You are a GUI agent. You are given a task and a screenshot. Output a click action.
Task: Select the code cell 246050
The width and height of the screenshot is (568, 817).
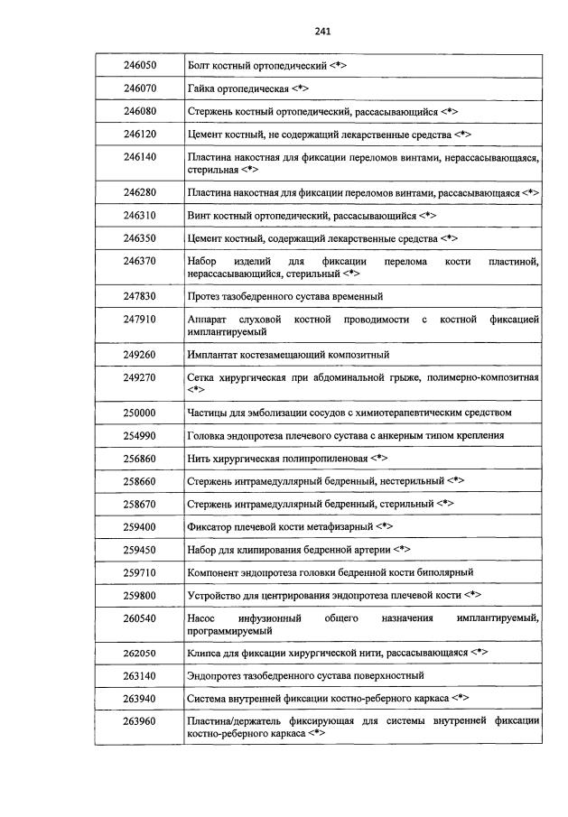pyautogui.click(x=140, y=67)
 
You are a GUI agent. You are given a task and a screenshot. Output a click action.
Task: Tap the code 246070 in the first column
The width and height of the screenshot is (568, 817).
pyautogui.click(x=140, y=90)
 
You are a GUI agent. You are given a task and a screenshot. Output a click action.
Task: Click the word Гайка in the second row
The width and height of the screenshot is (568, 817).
pyautogui.click(x=201, y=90)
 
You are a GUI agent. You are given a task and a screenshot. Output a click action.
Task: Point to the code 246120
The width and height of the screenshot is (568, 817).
pyautogui.click(x=140, y=134)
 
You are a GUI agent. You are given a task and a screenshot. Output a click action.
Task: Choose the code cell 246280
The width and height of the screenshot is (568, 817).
pyautogui.click(x=140, y=192)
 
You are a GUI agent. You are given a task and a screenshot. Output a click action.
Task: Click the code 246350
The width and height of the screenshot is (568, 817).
pyautogui.click(x=140, y=238)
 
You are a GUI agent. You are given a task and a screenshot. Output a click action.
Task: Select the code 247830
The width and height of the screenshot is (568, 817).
pyautogui.click(x=140, y=295)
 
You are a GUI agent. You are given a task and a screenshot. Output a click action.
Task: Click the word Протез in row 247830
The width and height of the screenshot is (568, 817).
pyautogui.click(x=205, y=296)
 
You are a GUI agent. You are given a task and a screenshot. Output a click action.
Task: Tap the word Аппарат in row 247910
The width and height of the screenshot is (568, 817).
pyautogui.click(x=209, y=320)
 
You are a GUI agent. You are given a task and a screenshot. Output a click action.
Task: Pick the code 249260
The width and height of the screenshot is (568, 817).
pyautogui.click(x=140, y=353)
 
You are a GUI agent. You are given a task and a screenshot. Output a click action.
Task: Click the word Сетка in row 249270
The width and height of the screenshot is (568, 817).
pyautogui.click(x=202, y=376)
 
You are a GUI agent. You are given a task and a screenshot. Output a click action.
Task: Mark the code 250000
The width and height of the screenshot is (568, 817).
pyautogui.click(x=140, y=412)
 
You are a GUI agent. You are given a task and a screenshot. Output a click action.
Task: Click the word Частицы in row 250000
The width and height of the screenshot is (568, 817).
pyautogui.click(x=209, y=413)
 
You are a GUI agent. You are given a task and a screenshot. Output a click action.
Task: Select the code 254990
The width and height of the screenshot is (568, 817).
pyautogui.click(x=140, y=435)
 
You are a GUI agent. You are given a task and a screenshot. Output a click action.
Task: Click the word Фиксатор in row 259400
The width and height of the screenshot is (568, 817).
pyautogui.click(x=212, y=525)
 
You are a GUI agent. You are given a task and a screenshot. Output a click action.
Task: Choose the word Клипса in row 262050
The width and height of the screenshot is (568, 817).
pyautogui.click(x=206, y=652)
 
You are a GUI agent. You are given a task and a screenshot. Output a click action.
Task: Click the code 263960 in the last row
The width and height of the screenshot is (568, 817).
pyautogui.click(x=140, y=720)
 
